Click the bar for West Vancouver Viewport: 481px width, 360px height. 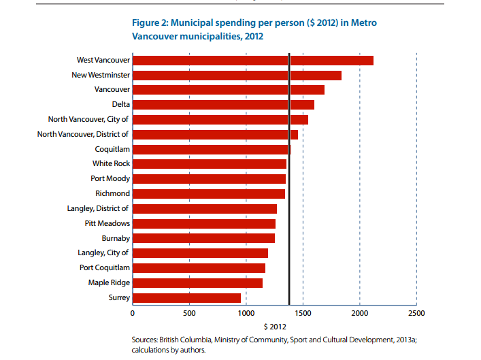point(253,61)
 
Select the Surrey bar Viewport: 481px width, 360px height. point(187,298)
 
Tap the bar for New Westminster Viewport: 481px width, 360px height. point(237,76)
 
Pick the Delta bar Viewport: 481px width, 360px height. point(224,105)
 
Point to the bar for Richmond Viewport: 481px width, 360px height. point(209,194)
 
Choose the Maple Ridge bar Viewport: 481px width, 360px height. point(197,283)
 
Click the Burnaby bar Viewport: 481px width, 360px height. point(203,238)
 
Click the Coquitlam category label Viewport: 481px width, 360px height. point(112,150)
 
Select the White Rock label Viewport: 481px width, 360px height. point(111,163)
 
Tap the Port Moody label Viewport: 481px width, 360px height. point(110,178)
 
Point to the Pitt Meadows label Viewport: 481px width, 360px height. point(107,223)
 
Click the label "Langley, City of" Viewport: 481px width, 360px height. point(103,253)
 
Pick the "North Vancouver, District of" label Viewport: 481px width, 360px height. point(83,135)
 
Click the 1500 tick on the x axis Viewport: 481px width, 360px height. point(303,313)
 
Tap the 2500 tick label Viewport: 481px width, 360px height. point(416,313)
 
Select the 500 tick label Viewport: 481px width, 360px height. point(189,313)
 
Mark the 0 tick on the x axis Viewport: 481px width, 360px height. point(133,313)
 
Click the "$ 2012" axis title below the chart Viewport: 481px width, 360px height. point(275,327)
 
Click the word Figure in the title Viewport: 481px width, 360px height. point(146,23)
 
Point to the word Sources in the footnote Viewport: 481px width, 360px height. point(144,340)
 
